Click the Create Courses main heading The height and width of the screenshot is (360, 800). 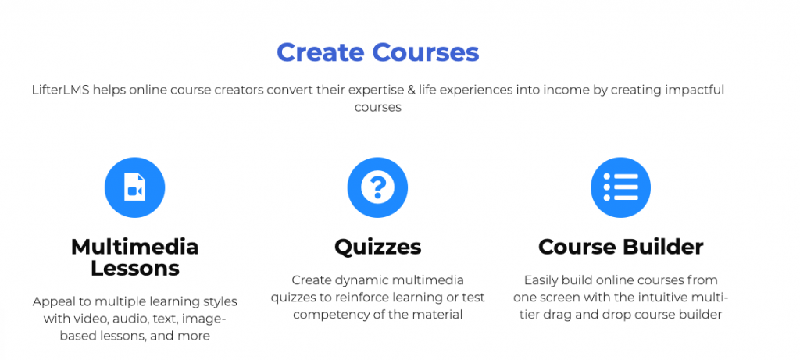377,52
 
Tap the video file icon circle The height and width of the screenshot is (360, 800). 134,187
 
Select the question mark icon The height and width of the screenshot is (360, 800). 377,187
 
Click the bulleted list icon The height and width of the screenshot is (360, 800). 620,187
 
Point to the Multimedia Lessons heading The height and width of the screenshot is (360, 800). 134,257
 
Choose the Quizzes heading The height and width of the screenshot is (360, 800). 378,248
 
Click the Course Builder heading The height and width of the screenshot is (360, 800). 621,247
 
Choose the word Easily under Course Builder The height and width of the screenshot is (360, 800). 544,280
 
